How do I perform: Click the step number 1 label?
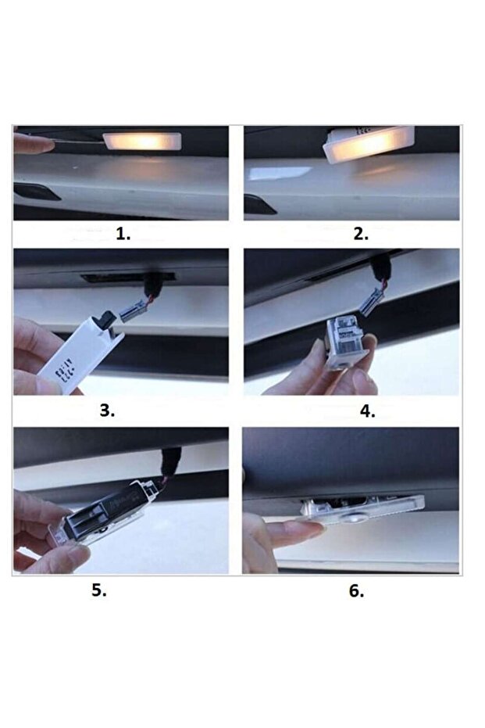pos(123,234)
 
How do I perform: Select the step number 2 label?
pos(360,234)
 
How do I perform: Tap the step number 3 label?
pos(107,411)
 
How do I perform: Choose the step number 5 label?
pos(98,590)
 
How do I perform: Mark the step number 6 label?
pos(356,590)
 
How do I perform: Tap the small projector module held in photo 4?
pos(344,340)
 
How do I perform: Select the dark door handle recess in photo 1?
pos(36,192)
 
